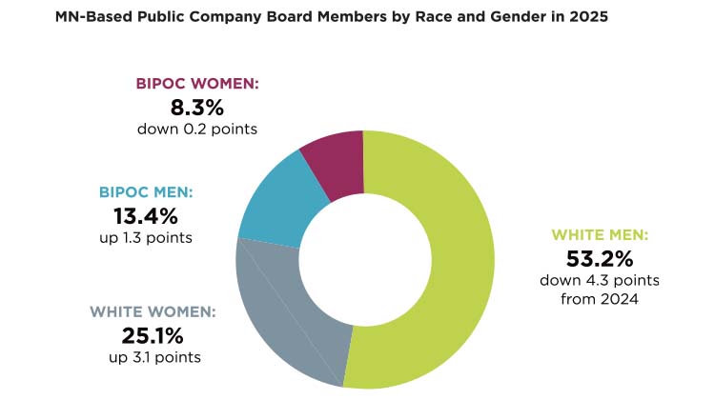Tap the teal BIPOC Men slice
click(277, 201)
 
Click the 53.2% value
click(586, 258)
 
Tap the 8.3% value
click(196, 107)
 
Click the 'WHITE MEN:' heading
click(586, 234)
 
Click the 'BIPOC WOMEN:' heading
click(196, 84)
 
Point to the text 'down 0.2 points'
click(196, 128)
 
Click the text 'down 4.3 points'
click(586, 280)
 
